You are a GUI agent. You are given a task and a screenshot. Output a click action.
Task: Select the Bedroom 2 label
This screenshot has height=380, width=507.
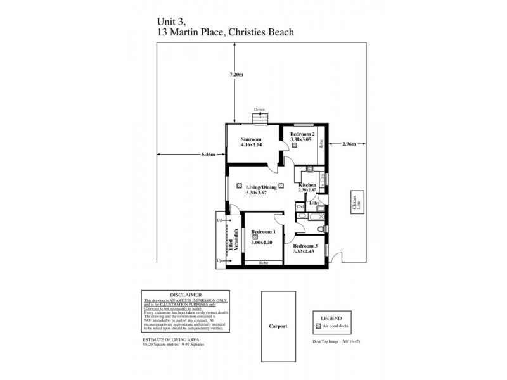click(302, 134)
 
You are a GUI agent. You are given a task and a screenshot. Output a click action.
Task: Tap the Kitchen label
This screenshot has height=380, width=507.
click(308, 185)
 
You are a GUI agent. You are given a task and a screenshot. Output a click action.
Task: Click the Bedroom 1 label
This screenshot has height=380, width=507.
click(262, 232)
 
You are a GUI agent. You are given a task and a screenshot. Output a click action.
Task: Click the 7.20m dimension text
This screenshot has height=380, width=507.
click(236, 75)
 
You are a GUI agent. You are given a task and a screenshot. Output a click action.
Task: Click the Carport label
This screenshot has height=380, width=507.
click(278, 327)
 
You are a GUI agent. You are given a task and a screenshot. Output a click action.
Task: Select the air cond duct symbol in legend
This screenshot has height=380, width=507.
click(319, 327)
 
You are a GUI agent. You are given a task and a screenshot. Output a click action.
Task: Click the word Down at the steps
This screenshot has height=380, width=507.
click(259, 110)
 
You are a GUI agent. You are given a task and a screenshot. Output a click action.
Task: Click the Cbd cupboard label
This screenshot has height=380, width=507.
click(300, 206)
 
